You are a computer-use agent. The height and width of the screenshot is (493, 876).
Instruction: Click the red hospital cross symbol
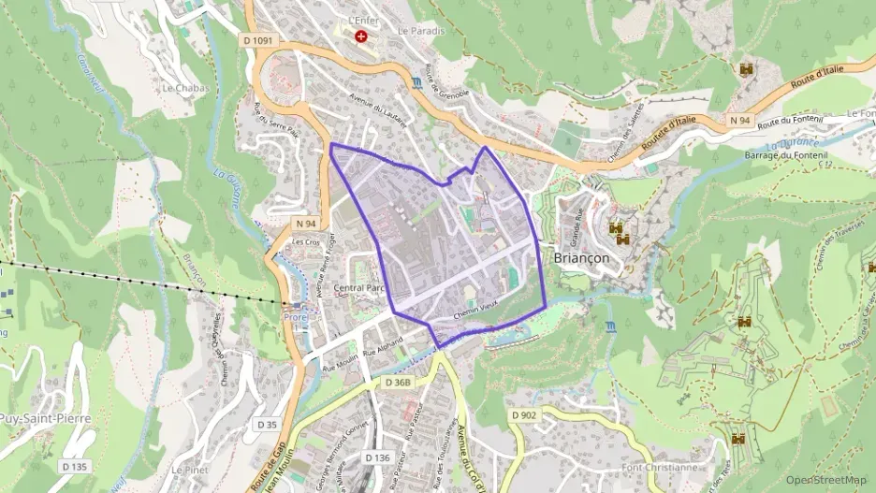360,36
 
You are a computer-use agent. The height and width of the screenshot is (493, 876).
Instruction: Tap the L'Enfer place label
360,20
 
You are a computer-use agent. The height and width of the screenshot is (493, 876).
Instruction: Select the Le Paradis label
421,31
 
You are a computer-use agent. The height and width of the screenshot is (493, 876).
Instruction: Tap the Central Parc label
360,288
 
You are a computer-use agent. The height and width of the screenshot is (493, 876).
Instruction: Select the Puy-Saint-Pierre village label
45,418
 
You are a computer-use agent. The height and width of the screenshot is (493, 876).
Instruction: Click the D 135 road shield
74,466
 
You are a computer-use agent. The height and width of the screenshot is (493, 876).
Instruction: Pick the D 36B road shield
399,383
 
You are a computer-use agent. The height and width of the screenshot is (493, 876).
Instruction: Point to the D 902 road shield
525,414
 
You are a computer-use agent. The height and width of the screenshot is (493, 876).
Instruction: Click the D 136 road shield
376,457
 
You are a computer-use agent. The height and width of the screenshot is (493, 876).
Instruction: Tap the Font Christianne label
659,467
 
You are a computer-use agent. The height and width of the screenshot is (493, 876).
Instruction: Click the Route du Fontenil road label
795,123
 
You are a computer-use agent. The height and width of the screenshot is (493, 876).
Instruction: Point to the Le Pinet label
190,470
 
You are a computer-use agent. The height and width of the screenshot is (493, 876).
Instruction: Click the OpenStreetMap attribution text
825,479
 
